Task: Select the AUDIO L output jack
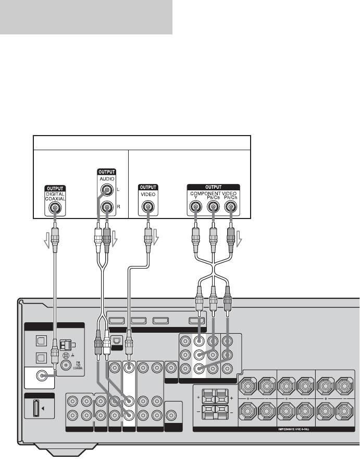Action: coord(107,191)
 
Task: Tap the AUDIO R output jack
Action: coord(107,208)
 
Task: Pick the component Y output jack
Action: coord(196,208)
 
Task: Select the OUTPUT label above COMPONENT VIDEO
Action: coord(212,187)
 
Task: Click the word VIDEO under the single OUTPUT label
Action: coord(148,194)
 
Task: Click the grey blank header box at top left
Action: coord(86,17)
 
